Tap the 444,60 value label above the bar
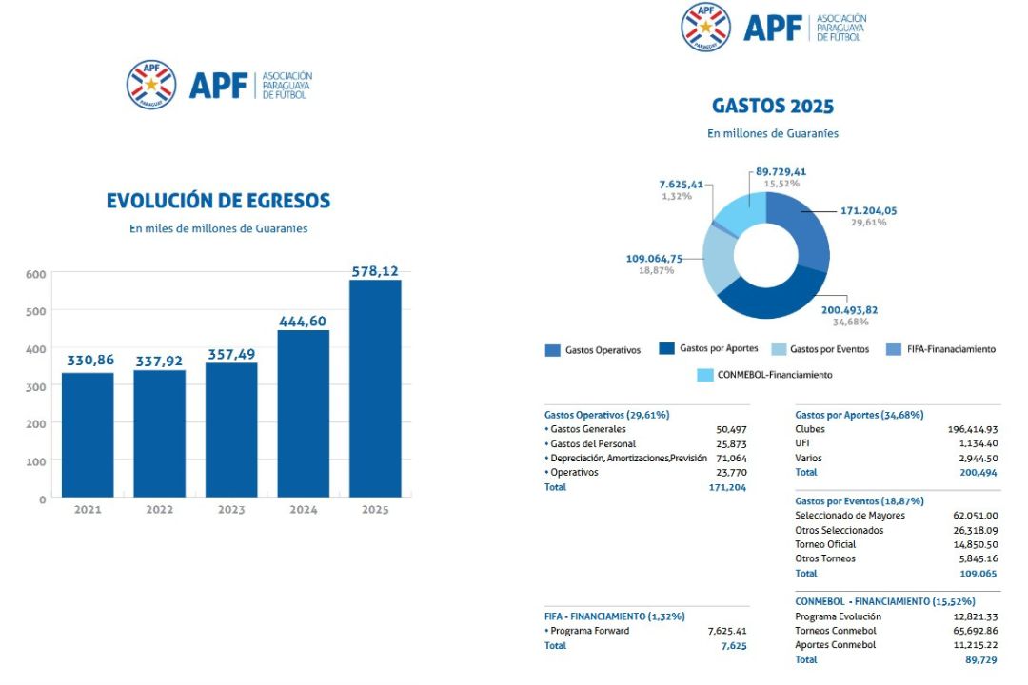[303, 322]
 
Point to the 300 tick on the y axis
[35, 386]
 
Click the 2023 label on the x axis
[231, 510]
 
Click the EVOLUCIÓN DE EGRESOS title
[218, 201]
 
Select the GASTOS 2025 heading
[772, 106]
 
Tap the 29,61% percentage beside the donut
[869, 222]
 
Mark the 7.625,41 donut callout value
[681, 184]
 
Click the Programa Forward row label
[589, 631]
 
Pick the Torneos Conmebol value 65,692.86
[971, 631]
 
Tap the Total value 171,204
[728, 487]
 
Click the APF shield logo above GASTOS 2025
[705, 26]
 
